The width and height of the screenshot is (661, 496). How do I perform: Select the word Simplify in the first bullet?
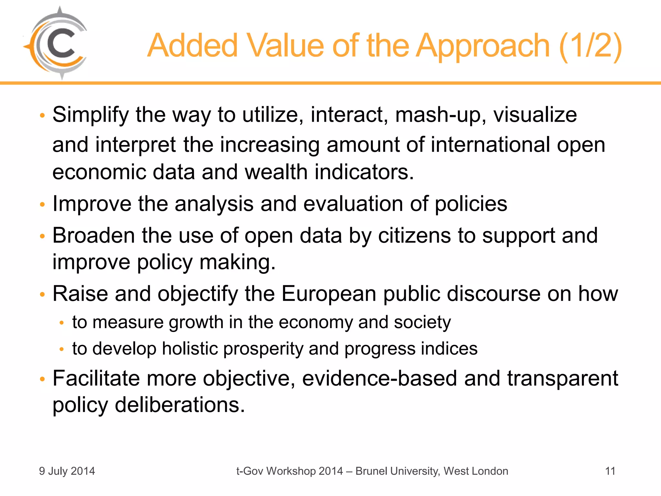pos(91,115)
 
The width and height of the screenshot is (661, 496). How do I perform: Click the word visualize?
pos(535,115)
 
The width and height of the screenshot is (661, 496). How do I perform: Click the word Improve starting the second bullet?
pos(92,204)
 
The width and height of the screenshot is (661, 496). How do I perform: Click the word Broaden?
pos(94,235)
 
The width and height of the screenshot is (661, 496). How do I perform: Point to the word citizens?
pos(414,235)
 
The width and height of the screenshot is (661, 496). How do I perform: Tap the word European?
pos(329,294)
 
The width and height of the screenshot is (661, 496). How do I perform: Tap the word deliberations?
pos(180,405)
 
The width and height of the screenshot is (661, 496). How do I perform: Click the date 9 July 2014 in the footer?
pos(67,471)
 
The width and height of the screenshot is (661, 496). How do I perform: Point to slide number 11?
pos(610,471)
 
